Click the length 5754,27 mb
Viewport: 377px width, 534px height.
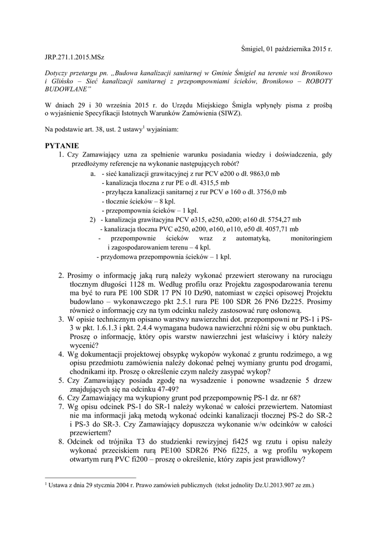[282, 220]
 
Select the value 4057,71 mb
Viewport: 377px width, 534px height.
[280, 229]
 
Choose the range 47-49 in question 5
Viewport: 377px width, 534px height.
[170, 389]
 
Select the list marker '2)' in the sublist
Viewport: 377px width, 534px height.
[93, 220]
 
